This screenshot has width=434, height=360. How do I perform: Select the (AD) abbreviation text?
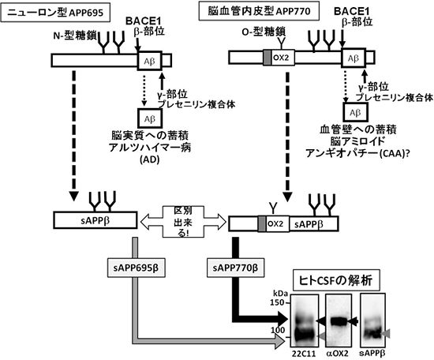point(149,159)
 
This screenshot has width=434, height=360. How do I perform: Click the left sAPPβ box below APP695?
point(93,218)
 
